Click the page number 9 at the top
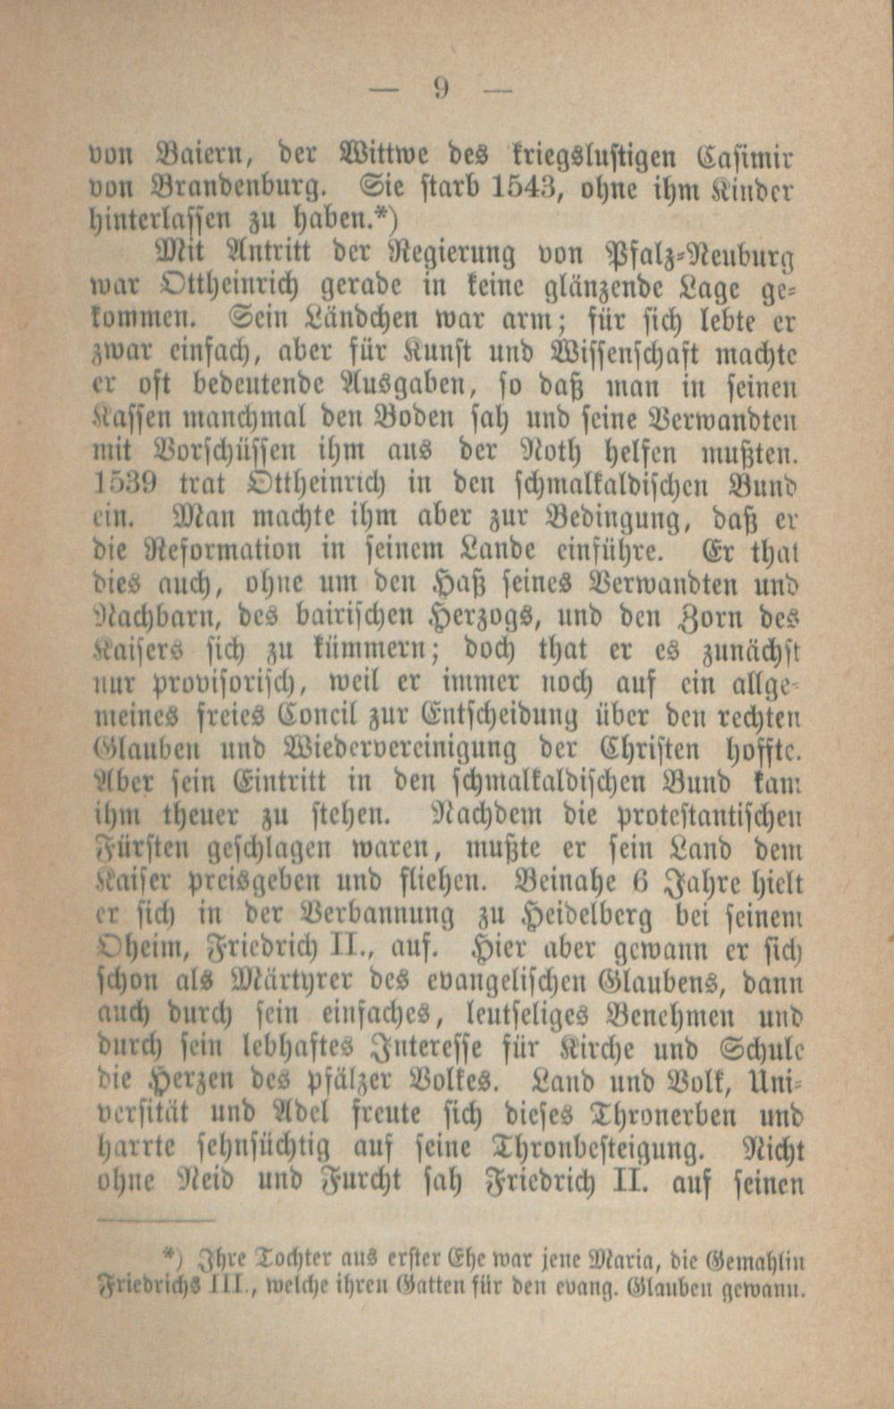pyautogui.click(x=441, y=88)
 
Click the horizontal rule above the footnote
pyautogui.click(x=152, y=1218)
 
